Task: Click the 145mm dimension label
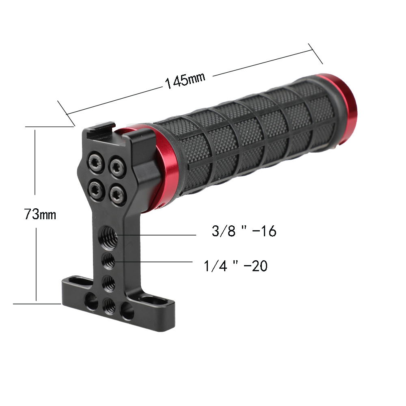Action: [185, 80]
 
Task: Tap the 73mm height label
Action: [40, 214]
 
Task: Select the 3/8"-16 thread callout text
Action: [244, 231]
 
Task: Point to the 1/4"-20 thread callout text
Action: [235, 266]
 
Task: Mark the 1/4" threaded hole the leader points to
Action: [108, 260]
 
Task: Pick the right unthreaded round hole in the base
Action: [127, 312]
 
